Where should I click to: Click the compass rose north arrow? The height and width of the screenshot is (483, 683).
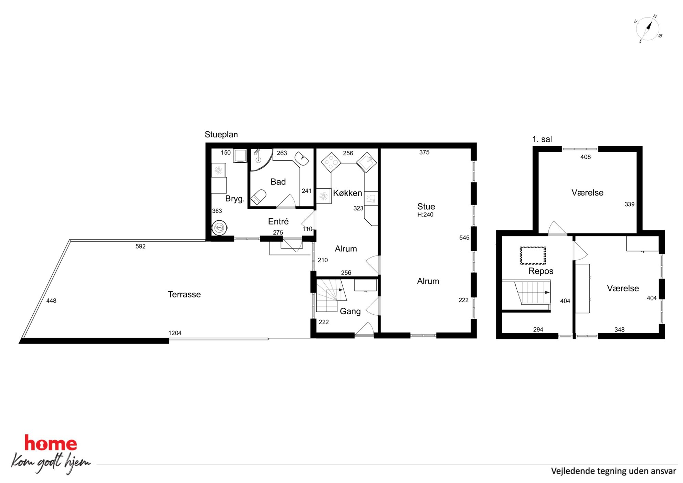click(x=649, y=27)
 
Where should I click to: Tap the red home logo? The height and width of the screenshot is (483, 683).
click(x=51, y=443)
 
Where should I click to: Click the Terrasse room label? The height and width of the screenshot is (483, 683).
click(x=184, y=294)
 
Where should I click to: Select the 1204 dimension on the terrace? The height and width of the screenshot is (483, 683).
click(x=175, y=333)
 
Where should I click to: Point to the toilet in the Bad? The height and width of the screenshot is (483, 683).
click(x=258, y=197)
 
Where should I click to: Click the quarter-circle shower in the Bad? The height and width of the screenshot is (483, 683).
click(x=260, y=160)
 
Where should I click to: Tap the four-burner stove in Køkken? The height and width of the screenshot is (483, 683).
click(x=331, y=162)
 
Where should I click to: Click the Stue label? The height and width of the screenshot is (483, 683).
click(x=426, y=207)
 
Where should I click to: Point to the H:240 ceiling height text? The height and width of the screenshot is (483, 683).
click(x=425, y=215)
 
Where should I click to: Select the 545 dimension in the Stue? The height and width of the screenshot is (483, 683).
click(x=464, y=238)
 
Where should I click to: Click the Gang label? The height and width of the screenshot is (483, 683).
click(x=350, y=311)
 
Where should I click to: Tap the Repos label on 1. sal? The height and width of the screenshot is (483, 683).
click(x=541, y=271)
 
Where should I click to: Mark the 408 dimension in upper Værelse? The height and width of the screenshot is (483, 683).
click(x=585, y=157)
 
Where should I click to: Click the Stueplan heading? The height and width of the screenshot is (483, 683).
click(x=221, y=135)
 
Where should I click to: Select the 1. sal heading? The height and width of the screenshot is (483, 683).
click(x=542, y=139)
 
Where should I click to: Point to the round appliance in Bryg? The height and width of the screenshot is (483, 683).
click(x=219, y=228)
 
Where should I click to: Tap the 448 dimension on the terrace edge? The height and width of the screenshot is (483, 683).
click(x=51, y=301)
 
